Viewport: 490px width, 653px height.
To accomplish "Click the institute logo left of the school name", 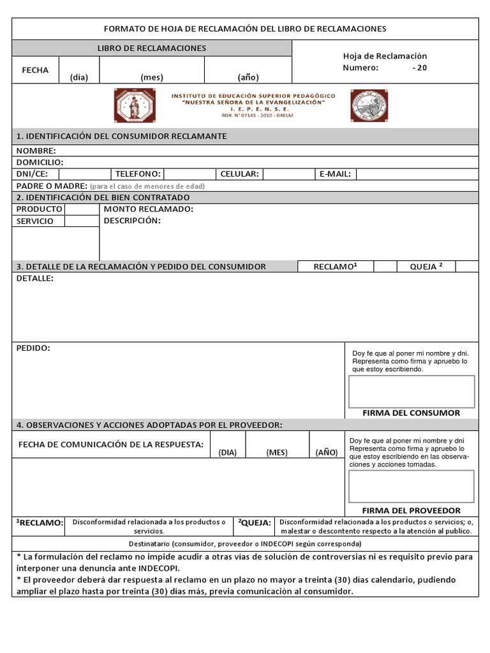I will click(x=135, y=105).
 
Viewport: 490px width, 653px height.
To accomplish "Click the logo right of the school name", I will click(x=369, y=105).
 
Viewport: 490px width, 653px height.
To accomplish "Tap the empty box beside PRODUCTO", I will click(x=82, y=209).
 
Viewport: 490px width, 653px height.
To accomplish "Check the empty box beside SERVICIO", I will click(x=82, y=221).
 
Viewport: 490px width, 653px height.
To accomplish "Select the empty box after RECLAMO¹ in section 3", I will click(x=385, y=267).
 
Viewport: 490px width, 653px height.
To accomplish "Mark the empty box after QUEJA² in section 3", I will click(x=467, y=267).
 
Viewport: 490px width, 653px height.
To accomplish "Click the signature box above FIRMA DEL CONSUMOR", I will click(x=412, y=391).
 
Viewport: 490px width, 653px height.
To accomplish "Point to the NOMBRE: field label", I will click(x=36, y=151).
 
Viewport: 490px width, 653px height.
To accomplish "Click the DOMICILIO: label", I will click(x=40, y=163).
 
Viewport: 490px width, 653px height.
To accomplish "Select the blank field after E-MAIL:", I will click(x=417, y=174).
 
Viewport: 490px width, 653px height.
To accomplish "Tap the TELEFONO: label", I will click(x=137, y=174).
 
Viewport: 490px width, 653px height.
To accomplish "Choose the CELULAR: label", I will click(x=239, y=174).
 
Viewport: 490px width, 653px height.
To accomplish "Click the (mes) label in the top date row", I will click(x=152, y=77).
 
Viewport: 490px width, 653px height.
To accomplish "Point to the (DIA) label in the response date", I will click(x=227, y=452).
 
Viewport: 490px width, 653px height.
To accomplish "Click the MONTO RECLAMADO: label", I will click(x=148, y=209).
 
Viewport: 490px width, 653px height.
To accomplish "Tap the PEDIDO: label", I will click(x=33, y=348).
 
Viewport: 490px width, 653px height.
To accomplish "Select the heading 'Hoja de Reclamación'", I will click(x=385, y=56).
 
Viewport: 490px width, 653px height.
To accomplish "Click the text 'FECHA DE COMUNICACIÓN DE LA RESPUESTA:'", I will click(x=111, y=443).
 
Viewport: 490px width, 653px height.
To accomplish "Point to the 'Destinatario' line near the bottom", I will click(x=245, y=544).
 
